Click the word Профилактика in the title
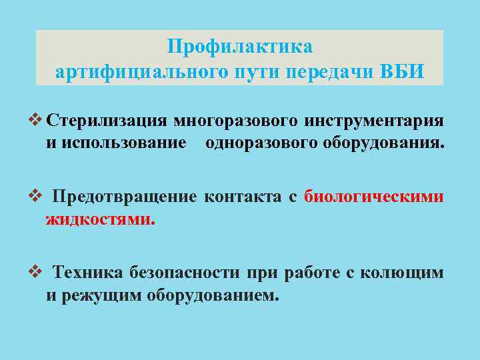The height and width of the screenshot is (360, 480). tap(239, 48)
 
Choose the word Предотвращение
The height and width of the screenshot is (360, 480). tap(125, 197)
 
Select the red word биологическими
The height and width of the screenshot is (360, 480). tap(374, 197)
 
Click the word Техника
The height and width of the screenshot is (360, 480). tap(87, 273)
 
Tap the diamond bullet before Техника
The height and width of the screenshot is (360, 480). tap(37, 272)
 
